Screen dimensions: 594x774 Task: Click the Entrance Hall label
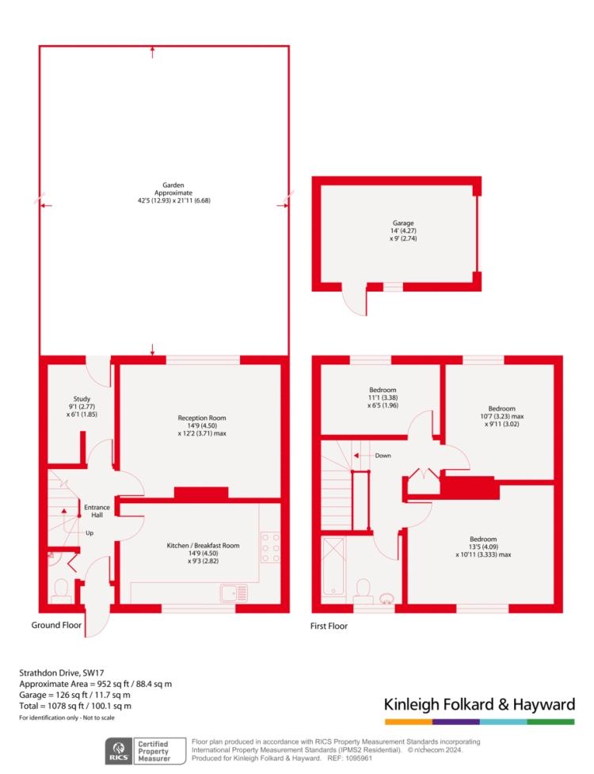(x=97, y=511)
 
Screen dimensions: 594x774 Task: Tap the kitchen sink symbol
(x=234, y=593)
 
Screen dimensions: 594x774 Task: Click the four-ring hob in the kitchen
(x=270, y=547)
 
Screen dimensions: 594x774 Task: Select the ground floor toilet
(x=61, y=591)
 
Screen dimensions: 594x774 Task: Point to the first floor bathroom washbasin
(x=387, y=599)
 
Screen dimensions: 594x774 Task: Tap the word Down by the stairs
(x=383, y=456)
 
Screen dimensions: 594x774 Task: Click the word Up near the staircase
(x=89, y=533)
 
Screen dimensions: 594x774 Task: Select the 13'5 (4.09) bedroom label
(x=483, y=547)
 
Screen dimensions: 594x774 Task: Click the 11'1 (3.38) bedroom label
(x=383, y=398)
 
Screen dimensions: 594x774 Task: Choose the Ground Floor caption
(x=56, y=625)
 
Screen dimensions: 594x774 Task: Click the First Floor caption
(x=329, y=626)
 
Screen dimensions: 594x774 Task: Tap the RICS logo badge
(x=119, y=751)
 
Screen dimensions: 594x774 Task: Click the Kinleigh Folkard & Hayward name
(x=479, y=704)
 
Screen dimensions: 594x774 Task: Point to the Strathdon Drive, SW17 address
(x=62, y=673)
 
